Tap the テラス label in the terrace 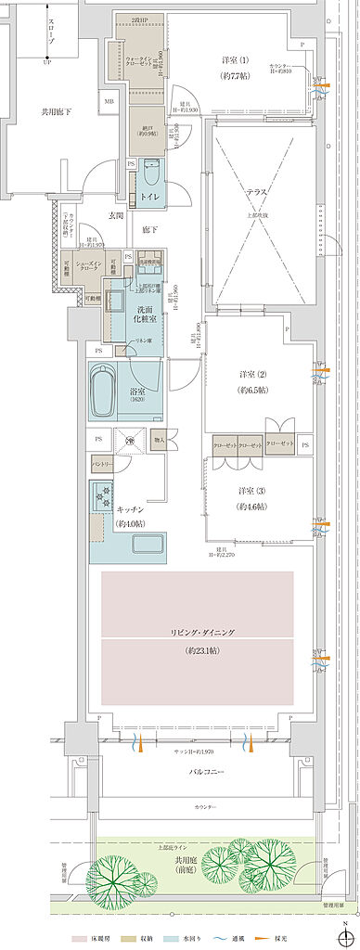tap(257, 191)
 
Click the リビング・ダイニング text tap(202, 631)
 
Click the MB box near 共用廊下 tap(109, 102)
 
